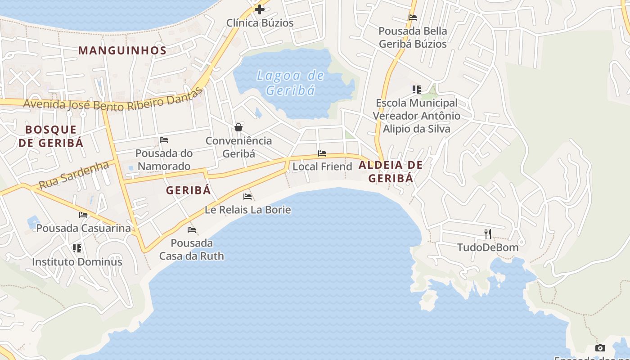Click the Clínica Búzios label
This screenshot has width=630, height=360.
pyautogui.click(x=260, y=23)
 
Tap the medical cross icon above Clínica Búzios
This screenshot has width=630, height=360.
pyautogui.click(x=260, y=9)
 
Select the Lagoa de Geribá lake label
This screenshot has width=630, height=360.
pyautogui.click(x=290, y=83)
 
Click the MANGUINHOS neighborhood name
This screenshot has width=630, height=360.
pyautogui.click(x=122, y=50)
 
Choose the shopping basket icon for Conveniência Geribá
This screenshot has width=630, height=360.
pyautogui.click(x=238, y=127)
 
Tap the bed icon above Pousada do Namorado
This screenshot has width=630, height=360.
pyautogui.click(x=164, y=140)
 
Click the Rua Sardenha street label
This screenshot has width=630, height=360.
pyautogui.click(x=74, y=175)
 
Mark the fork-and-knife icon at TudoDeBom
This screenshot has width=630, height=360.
pyautogui.click(x=488, y=234)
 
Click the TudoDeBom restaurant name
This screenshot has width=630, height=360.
pyautogui.click(x=488, y=247)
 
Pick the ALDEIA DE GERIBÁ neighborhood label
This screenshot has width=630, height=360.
pyautogui.click(x=391, y=171)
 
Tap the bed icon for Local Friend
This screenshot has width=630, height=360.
pyautogui.click(x=322, y=153)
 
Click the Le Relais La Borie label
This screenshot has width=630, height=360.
pyautogui.click(x=247, y=210)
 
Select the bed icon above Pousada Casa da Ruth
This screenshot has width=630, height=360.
pyautogui.click(x=192, y=230)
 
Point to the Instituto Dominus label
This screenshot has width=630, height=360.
pyautogui.click(x=77, y=261)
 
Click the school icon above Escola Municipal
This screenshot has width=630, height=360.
pyautogui.click(x=417, y=90)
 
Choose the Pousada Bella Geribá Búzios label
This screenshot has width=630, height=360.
pyautogui.click(x=413, y=37)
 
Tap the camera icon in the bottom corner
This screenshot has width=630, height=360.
pyautogui.click(x=600, y=348)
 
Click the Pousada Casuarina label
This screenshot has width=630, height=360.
pyautogui.click(x=83, y=228)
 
